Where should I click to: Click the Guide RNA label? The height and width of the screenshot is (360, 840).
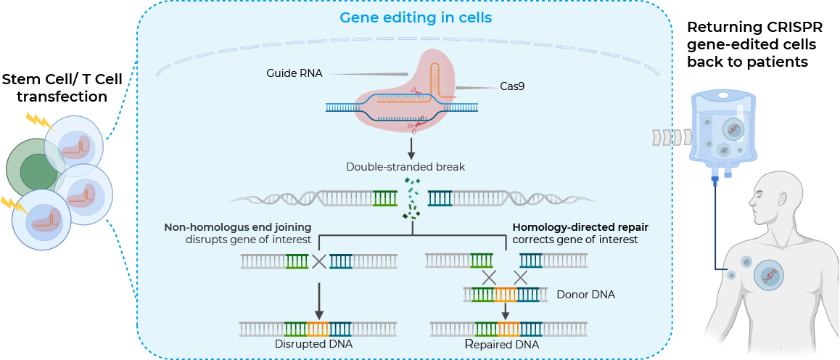point(295,73)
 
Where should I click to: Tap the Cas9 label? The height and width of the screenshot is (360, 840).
point(512,86)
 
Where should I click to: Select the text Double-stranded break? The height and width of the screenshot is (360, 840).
point(405,167)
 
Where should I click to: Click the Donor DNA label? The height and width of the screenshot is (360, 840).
point(586,295)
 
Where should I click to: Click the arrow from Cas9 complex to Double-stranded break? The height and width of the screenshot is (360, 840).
point(411,148)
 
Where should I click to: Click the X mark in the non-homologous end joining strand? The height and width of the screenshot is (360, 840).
point(318,261)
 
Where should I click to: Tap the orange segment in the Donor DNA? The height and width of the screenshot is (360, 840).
point(505,295)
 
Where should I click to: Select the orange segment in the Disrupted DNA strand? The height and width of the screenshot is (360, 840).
point(318,329)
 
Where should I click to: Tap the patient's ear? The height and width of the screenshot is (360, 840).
point(782,201)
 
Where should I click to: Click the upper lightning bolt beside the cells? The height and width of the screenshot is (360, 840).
point(35,120)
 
